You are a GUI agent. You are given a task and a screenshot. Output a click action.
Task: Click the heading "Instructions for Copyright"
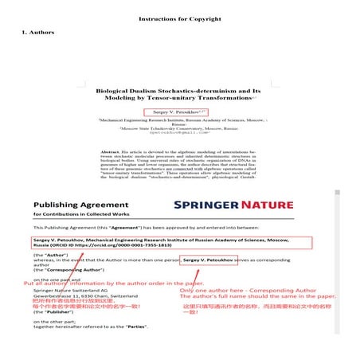179,18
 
